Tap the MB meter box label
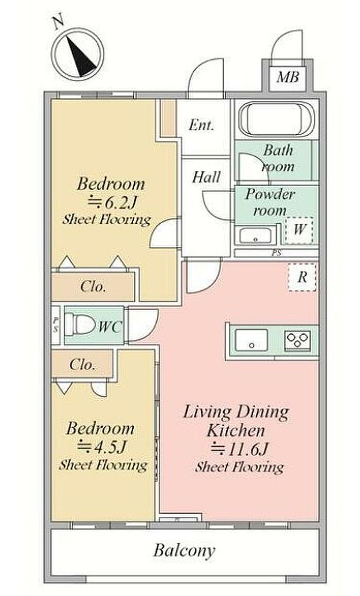(x=287, y=77)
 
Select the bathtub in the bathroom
(x=276, y=119)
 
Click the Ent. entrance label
(x=202, y=124)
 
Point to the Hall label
(x=206, y=177)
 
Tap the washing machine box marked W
(x=299, y=230)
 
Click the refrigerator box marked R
(x=302, y=277)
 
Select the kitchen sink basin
(x=251, y=339)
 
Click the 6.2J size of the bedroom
(x=112, y=202)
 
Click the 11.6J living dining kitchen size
(x=240, y=449)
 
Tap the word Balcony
(x=185, y=550)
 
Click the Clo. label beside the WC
(x=93, y=286)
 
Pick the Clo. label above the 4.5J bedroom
(x=82, y=365)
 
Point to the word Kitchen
(x=236, y=430)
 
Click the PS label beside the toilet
(x=56, y=326)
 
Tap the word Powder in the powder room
(x=269, y=194)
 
